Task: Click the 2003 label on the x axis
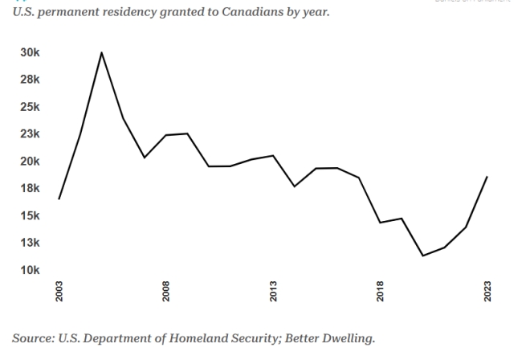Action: (59, 291)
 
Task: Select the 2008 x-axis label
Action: (166, 291)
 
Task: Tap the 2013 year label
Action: (274, 291)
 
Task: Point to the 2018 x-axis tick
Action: (381, 291)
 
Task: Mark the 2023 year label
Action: (487, 291)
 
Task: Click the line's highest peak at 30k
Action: (101, 52)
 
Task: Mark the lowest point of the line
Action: (423, 256)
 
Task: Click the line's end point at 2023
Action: (487, 177)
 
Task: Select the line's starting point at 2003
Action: (59, 198)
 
